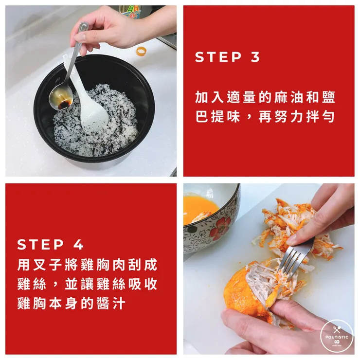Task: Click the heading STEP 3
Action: click(x=227, y=57)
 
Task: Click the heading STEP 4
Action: click(x=50, y=244)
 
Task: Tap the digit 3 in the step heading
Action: click(x=255, y=57)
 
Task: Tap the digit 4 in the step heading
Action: click(x=78, y=244)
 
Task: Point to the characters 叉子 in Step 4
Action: click(x=48, y=265)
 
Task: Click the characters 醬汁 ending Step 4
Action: click(x=111, y=304)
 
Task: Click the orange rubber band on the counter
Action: click(x=141, y=52)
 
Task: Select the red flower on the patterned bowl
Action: click(x=220, y=226)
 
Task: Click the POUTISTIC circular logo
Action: click(x=337, y=337)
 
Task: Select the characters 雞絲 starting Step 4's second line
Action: click(x=32, y=284)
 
